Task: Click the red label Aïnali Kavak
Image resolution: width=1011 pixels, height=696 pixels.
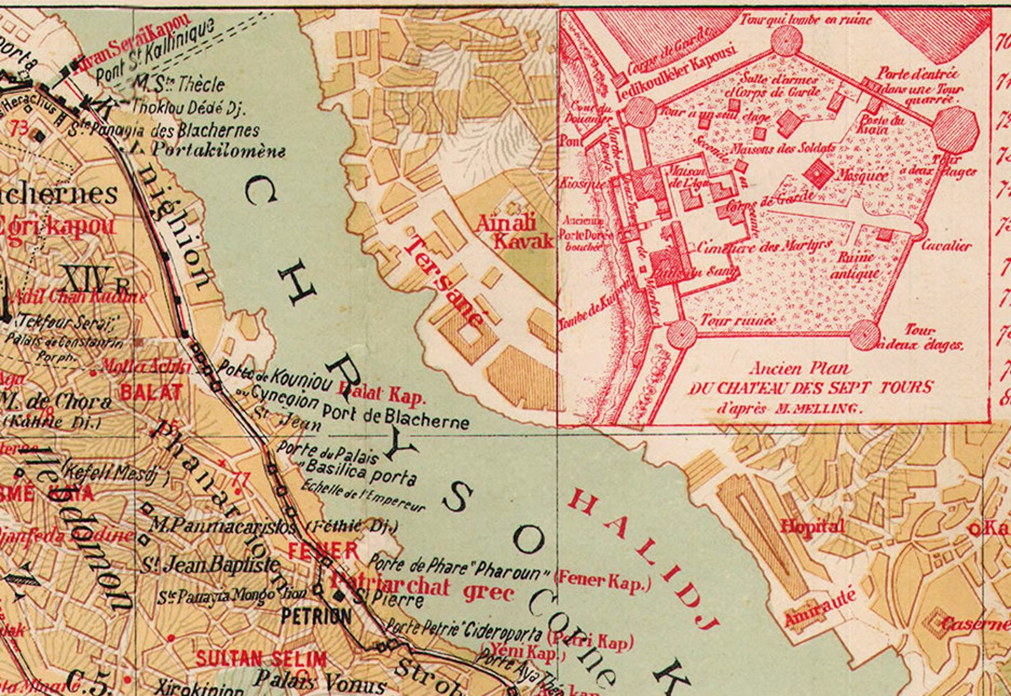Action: [514, 232]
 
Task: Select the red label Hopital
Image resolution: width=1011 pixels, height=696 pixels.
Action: [812, 526]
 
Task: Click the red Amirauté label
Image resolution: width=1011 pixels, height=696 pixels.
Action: [819, 609]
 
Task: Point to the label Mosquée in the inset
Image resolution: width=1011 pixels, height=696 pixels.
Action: [862, 175]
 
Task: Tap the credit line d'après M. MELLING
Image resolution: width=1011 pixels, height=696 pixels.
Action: [789, 408]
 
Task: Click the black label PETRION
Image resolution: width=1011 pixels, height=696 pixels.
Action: [316, 616]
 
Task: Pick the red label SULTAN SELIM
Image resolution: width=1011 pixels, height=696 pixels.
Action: [261, 658]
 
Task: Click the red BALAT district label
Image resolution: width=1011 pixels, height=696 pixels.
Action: [152, 392]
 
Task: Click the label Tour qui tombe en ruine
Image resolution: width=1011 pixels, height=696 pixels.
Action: [805, 20]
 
